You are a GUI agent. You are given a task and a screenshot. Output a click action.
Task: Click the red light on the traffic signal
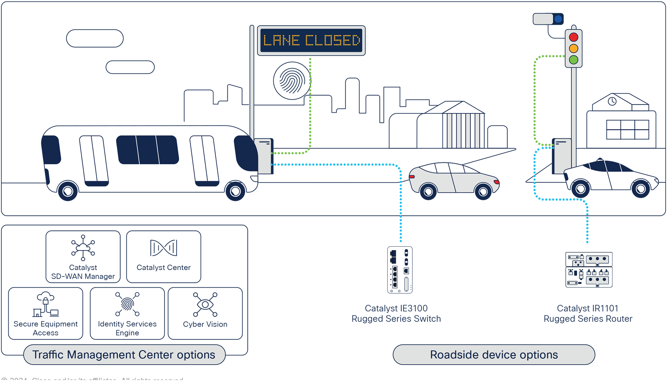click(x=574, y=37)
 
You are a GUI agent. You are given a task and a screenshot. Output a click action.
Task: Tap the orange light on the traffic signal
click(x=574, y=48)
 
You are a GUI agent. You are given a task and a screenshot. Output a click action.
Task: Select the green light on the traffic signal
click(x=574, y=60)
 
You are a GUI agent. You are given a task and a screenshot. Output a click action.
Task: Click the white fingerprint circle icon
click(x=292, y=81)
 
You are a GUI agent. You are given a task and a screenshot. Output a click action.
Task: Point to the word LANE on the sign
click(x=281, y=41)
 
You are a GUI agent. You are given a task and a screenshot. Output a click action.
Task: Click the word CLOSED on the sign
click(x=332, y=41)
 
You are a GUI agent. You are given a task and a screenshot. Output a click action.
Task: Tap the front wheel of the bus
click(x=235, y=191)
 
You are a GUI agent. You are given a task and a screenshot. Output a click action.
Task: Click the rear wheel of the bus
click(x=68, y=191)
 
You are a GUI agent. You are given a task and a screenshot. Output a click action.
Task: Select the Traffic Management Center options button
click(x=124, y=355)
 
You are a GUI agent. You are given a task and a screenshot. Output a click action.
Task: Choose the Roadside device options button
click(x=494, y=355)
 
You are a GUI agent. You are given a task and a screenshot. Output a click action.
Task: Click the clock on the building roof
click(x=612, y=101)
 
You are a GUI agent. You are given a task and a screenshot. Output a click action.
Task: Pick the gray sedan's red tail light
click(x=412, y=177)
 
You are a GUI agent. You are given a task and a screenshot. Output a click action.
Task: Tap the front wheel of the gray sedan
click(x=483, y=191)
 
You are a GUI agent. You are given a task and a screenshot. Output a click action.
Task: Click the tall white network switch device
click(x=400, y=270)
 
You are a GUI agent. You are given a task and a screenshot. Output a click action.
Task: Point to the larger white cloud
click(x=95, y=38)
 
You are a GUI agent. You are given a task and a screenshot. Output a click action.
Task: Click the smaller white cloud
click(x=130, y=67)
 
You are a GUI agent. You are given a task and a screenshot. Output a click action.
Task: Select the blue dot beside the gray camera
click(x=558, y=19)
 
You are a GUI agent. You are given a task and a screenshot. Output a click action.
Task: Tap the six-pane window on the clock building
click(x=627, y=130)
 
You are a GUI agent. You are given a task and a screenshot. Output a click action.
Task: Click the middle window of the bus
click(x=147, y=150)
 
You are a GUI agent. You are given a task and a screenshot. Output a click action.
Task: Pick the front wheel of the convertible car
click(x=641, y=189)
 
